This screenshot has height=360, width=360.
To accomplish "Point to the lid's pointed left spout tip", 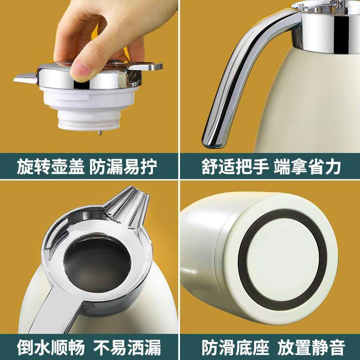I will point(17,79).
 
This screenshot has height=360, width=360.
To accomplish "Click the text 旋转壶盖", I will point(49,167).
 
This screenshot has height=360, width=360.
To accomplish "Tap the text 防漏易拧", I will point(123,167).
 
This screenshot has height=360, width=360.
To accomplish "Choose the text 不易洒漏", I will point(126,347).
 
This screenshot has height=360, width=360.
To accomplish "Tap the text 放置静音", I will point(311,347).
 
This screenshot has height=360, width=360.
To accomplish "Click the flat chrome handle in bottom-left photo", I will point(49,310).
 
